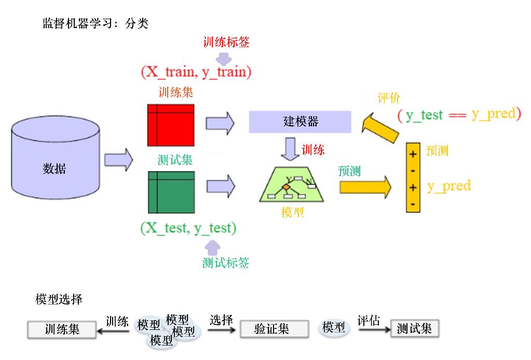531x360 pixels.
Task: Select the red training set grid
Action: pyautogui.click(x=171, y=125)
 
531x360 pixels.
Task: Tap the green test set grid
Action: pyautogui.click(x=171, y=192)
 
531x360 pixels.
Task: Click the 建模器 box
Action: pyautogui.click(x=301, y=122)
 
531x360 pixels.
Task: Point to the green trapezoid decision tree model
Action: pyautogui.click(x=291, y=185)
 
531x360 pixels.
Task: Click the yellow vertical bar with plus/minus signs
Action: pyautogui.click(x=413, y=177)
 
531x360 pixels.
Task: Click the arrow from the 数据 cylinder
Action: pyautogui.click(x=118, y=159)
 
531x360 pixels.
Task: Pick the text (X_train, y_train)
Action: pyautogui.click(x=196, y=72)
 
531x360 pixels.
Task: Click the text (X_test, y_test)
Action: pyautogui.click(x=188, y=228)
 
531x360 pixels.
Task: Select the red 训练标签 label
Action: pyautogui.click(x=226, y=42)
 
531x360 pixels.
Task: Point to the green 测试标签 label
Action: pyautogui.click(x=226, y=263)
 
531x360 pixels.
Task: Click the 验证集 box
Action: pyautogui.click(x=271, y=328)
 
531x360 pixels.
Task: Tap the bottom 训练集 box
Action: pyautogui.click(x=62, y=329)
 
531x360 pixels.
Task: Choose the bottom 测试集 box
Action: pyautogui.click(x=414, y=328)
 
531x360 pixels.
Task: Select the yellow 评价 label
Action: pyautogui.click(x=388, y=98)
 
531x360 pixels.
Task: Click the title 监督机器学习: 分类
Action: pyautogui.click(x=96, y=23)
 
